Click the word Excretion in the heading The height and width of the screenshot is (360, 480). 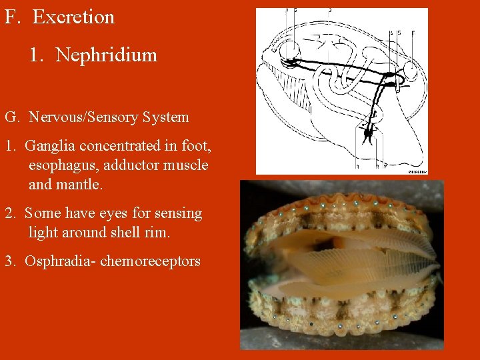(x=73, y=17)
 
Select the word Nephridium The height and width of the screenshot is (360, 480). (x=107, y=55)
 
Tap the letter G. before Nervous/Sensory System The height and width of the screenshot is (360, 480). (x=12, y=118)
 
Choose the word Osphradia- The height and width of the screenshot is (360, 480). (x=59, y=261)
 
